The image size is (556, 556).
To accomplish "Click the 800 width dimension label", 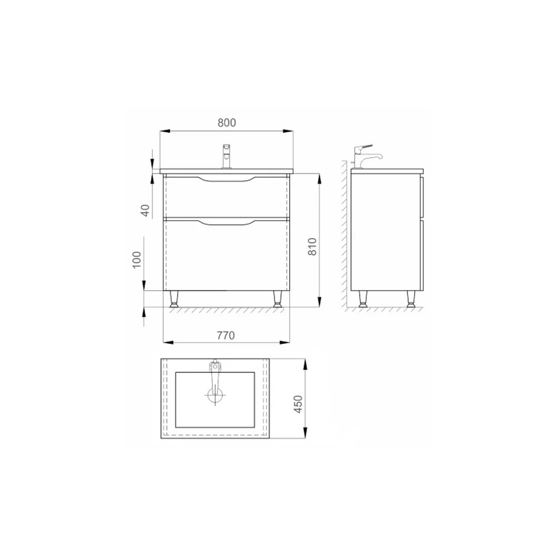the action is point(227,123).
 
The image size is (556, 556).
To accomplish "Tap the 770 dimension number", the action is point(226,335).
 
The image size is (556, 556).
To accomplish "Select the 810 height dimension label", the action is point(312,246).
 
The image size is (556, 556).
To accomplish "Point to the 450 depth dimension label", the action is point(298,404).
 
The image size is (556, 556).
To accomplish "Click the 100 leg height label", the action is point(137,260).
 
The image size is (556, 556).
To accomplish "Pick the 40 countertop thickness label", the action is point(145,211).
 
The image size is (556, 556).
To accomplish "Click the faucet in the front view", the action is point(227,156).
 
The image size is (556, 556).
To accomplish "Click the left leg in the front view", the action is point(174,299).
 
